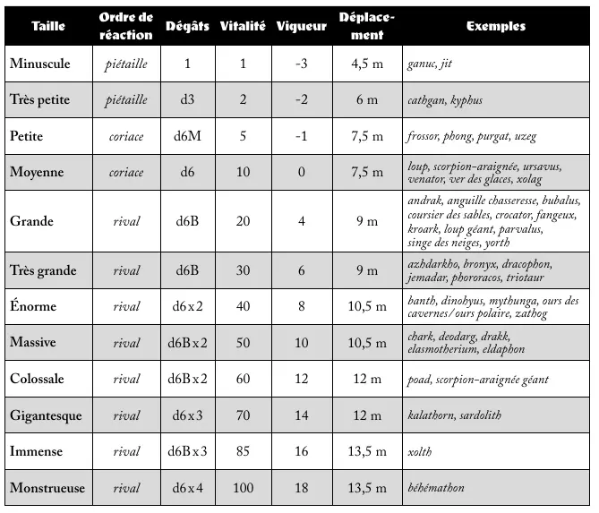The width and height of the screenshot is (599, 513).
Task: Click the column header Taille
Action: (48, 26)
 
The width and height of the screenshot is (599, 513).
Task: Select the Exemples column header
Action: (495, 26)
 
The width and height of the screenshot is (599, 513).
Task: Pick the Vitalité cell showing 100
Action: (243, 488)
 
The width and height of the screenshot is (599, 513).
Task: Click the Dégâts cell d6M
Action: (187, 137)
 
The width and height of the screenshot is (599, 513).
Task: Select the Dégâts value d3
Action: (187, 100)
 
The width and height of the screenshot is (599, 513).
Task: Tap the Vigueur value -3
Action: (301, 64)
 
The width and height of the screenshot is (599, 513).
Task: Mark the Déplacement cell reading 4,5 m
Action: (367, 64)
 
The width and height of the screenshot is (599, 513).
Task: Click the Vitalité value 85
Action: (243, 451)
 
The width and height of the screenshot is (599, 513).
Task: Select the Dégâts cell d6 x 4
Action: (187, 488)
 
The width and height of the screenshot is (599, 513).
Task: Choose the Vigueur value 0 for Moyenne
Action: (301, 173)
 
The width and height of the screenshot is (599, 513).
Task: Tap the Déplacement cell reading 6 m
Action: (367, 100)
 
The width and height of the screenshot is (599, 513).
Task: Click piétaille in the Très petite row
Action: (126, 100)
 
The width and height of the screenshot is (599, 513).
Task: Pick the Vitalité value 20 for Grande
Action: (243, 221)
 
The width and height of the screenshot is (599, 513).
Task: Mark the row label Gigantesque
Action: (46, 415)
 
